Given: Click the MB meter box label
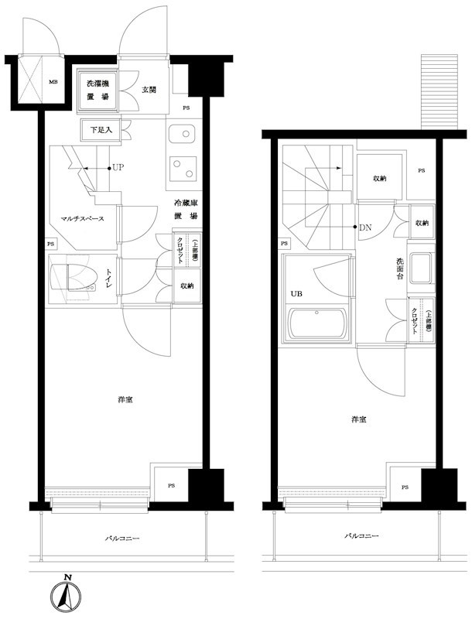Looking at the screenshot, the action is [x=53, y=82].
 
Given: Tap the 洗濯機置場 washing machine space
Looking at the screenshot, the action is [x=97, y=90].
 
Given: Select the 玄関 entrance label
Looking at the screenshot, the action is [x=149, y=90].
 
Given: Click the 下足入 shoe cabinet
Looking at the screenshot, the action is [x=101, y=129].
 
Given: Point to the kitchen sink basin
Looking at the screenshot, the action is [x=182, y=134].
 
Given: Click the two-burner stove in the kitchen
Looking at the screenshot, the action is [x=183, y=169].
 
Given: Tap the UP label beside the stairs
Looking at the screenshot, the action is [x=118, y=167].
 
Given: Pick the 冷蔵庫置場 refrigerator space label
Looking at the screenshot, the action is [x=186, y=210].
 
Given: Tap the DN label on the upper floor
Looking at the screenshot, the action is [x=365, y=227].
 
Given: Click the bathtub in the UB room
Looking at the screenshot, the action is [x=316, y=323].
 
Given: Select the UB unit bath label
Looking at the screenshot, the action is [x=296, y=294].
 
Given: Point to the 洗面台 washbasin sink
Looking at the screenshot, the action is [x=421, y=268].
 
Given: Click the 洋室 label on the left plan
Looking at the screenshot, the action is [x=125, y=400].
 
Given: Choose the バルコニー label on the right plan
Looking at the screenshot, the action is [x=361, y=535].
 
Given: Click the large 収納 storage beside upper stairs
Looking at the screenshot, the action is [x=380, y=177].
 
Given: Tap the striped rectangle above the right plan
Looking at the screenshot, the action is [x=440, y=91].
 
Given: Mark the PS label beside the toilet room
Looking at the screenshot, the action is [x=50, y=244].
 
